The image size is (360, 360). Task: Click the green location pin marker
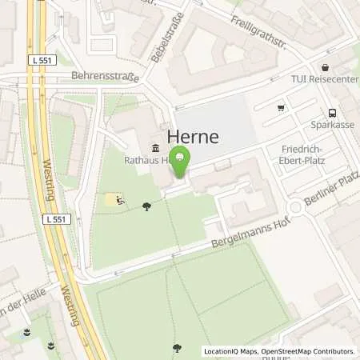pyautogui.click(x=182, y=162)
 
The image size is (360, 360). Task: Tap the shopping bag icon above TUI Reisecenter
pyautogui.click(x=326, y=68)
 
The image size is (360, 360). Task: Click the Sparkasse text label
pyautogui.click(x=332, y=126)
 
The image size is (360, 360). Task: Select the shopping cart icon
pyautogui.click(x=281, y=107)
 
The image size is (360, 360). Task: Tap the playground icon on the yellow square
pyautogui.click(x=118, y=200)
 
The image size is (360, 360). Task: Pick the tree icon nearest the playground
pyautogui.click(x=146, y=207)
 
